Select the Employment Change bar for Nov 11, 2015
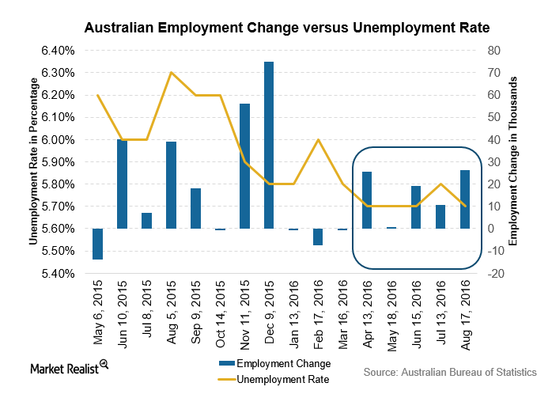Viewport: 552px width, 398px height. (x=244, y=166)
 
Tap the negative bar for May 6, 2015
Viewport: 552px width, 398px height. (x=97, y=244)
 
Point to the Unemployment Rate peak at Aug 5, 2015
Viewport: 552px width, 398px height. (x=171, y=73)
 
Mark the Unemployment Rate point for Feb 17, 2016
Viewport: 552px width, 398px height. (x=318, y=140)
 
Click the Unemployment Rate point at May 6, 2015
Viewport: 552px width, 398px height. (x=97, y=96)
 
